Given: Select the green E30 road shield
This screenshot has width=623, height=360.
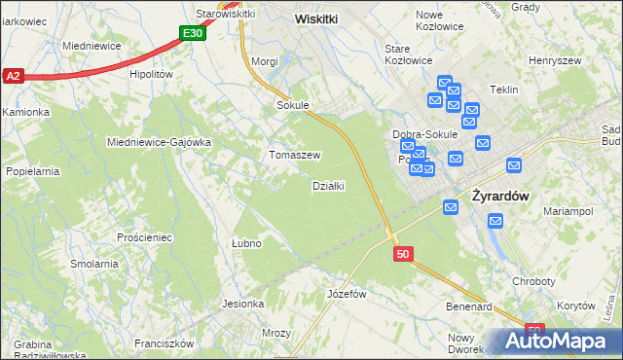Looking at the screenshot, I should coord(193,33).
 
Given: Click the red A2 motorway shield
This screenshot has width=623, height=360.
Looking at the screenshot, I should coord(13,75).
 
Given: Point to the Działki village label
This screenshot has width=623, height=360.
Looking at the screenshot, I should coord(328,186).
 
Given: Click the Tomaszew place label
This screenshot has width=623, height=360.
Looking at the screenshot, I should coord(295,155).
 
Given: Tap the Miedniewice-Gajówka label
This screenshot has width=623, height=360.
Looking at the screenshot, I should coord(159,141).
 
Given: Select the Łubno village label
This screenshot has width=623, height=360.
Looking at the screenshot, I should coord(247,242).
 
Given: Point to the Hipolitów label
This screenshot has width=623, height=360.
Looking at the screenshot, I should coord(151,73).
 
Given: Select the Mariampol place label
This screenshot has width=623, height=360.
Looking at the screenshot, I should coord(568,210).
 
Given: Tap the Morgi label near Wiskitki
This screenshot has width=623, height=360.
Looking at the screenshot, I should coord(265,61).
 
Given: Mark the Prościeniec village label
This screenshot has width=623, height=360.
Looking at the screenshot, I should coord(144,237).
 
